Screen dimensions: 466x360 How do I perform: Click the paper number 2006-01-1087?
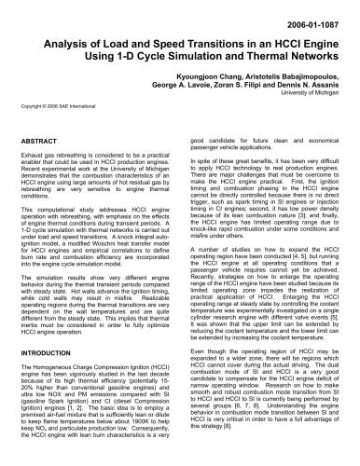coord(314,18)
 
